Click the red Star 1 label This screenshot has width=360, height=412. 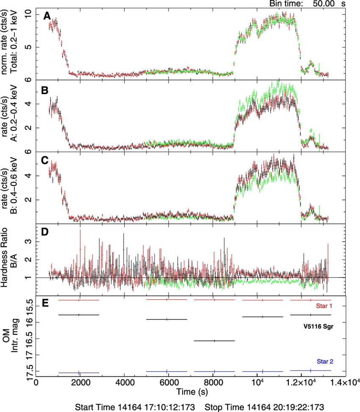[323, 306]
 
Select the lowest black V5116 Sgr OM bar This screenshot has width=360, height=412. [214, 340]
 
